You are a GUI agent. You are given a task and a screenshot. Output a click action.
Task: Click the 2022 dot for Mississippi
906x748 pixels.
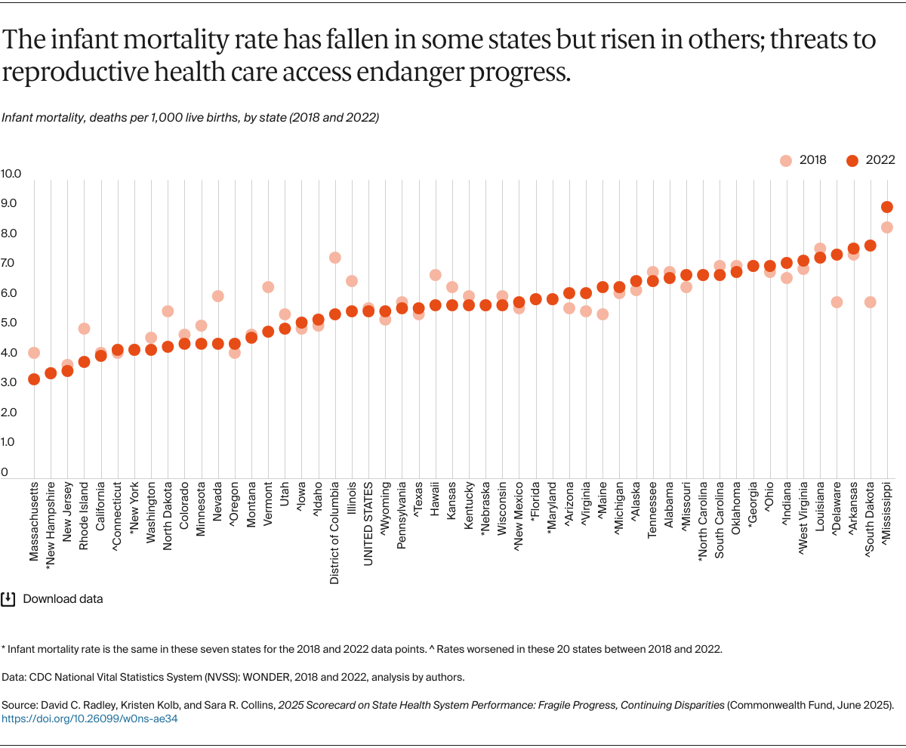pos(887,207)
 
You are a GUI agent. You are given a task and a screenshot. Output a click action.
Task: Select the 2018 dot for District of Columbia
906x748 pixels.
pos(334,258)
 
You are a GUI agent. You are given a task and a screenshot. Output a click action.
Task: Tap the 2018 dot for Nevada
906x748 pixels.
pos(217,296)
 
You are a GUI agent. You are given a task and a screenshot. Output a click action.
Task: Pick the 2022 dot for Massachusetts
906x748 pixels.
pos(34,379)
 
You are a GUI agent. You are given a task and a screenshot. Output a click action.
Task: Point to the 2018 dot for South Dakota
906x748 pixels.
pos(870,302)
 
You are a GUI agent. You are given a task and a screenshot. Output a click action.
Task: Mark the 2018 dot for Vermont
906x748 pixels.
pos(268,287)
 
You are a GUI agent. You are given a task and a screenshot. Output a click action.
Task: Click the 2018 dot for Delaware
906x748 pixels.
pos(837,302)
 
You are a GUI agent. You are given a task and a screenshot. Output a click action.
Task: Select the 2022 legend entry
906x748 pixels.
pos(871,160)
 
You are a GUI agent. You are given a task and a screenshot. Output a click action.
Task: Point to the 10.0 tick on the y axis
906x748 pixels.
pos(11,174)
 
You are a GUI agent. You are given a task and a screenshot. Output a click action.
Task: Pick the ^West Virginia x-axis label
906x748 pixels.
pos(803,523)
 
